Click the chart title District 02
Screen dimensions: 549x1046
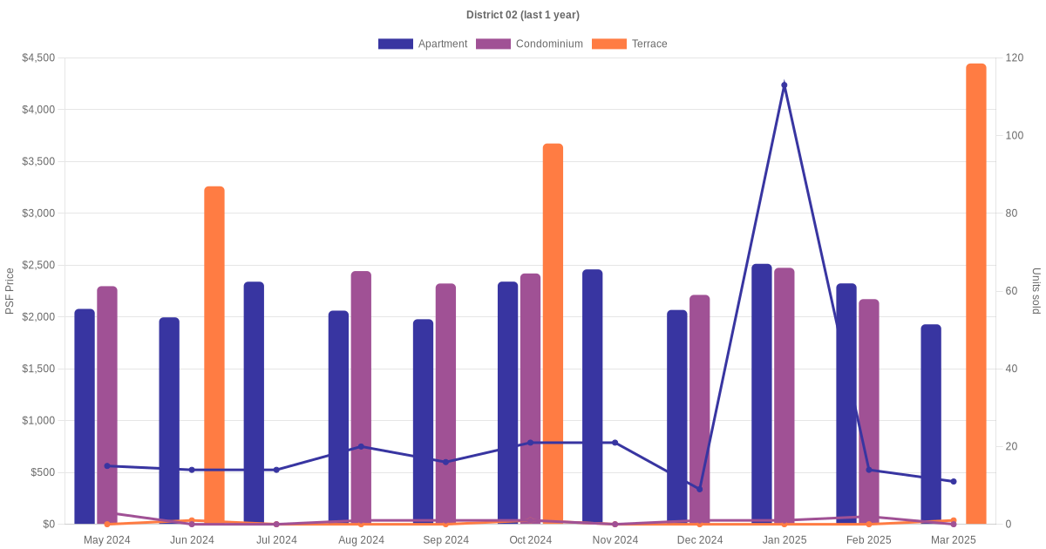(x=522, y=15)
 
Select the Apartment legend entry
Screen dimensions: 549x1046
(x=423, y=44)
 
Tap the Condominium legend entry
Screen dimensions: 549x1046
(x=529, y=44)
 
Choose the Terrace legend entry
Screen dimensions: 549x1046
(x=629, y=44)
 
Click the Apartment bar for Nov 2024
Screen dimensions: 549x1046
(x=593, y=396)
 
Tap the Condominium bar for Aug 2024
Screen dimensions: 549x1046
(x=361, y=397)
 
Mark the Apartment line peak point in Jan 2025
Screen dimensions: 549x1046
(x=784, y=85)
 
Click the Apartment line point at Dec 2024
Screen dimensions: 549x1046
(x=699, y=489)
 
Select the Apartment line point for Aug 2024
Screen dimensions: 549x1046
(x=361, y=446)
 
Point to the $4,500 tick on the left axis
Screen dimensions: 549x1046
(x=37, y=58)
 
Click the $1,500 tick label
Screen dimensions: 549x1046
(x=37, y=369)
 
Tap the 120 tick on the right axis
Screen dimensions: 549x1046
(x=1013, y=58)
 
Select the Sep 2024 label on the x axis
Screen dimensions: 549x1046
(x=445, y=540)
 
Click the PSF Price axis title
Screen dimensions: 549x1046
(x=10, y=291)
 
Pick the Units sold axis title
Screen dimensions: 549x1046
(x=1036, y=291)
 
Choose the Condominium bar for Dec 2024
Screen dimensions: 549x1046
(x=700, y=410)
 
